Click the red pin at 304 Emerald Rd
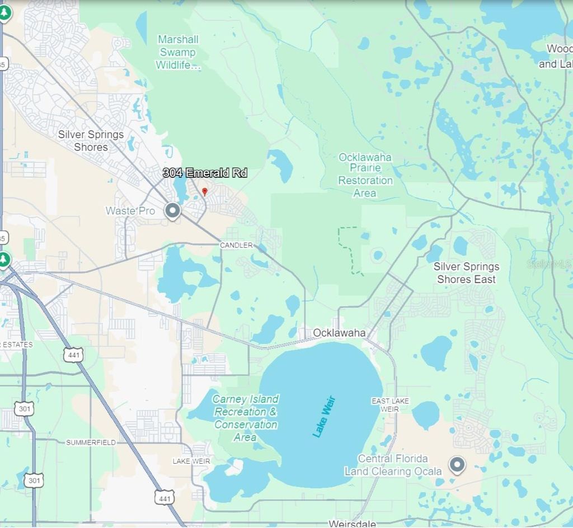coord(205,192)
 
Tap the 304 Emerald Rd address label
coord(205,173)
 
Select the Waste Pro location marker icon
coord(173,211)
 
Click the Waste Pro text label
coord(130,211)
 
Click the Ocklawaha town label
coord(339,333)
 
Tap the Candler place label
coord(236,246)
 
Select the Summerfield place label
coord(91,442)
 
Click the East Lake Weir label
coord(391,405)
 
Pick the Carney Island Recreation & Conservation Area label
coord(246,418)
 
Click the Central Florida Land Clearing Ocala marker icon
coord(457,464)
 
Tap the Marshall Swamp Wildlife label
coord(178,53)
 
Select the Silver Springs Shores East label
coord(466,273)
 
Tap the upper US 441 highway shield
coord(74,355)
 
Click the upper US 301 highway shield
coord(24,408)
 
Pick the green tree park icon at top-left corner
coord(4,12)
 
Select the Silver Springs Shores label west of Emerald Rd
coord(91,141)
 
